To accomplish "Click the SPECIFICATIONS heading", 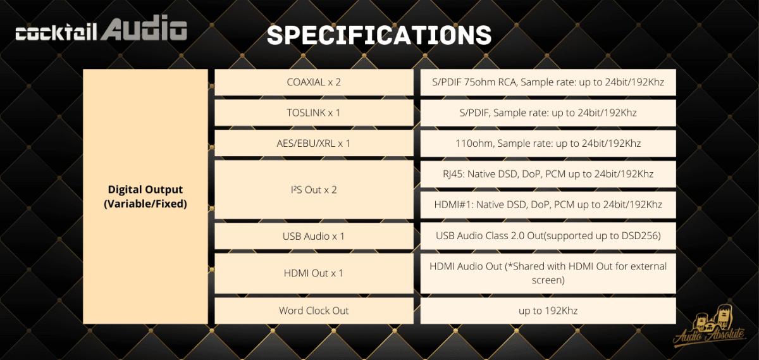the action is (x=379, y=35).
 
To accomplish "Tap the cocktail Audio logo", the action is (x=101, y=28).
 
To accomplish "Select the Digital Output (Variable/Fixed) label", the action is (x=145, y=197).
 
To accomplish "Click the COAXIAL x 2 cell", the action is (x=314, y=82).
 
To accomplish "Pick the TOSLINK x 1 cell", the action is (x=314, y=113).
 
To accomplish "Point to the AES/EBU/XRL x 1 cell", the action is (x=314, y=144).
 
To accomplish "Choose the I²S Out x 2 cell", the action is (x=314, y=190).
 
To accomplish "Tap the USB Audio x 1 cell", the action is (x=314, y=236).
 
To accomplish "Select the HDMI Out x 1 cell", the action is (x=314, y=273).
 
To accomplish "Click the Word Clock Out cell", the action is (x=314, y=311).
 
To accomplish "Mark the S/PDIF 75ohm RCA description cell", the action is (x=548, y=82).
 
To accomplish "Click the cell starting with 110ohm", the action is (x=548, y=144).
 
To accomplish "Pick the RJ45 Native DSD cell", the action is (x=548, y=174).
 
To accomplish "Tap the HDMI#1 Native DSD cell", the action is (x=548, y=205).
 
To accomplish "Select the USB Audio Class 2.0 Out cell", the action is (x=548, y=236).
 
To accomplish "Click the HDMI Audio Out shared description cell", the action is (x=548, y=273).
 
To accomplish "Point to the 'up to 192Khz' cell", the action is (x=548, y=311).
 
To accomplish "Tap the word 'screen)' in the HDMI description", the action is (x=548, y=280).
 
